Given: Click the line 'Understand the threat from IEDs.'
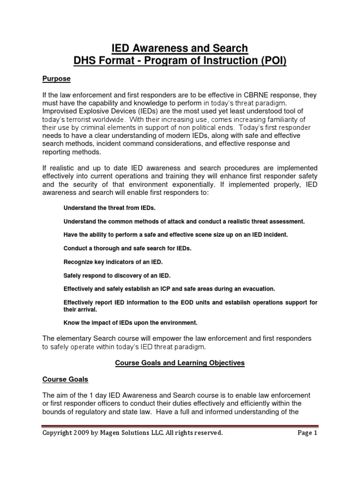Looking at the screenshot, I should pyautogui.click(x=108, y=208).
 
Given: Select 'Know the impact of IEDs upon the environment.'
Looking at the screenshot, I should pyautogui.click(x=130, y=322).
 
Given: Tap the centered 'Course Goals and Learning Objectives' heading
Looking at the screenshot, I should pyautogui.click(x=180, y=363).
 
